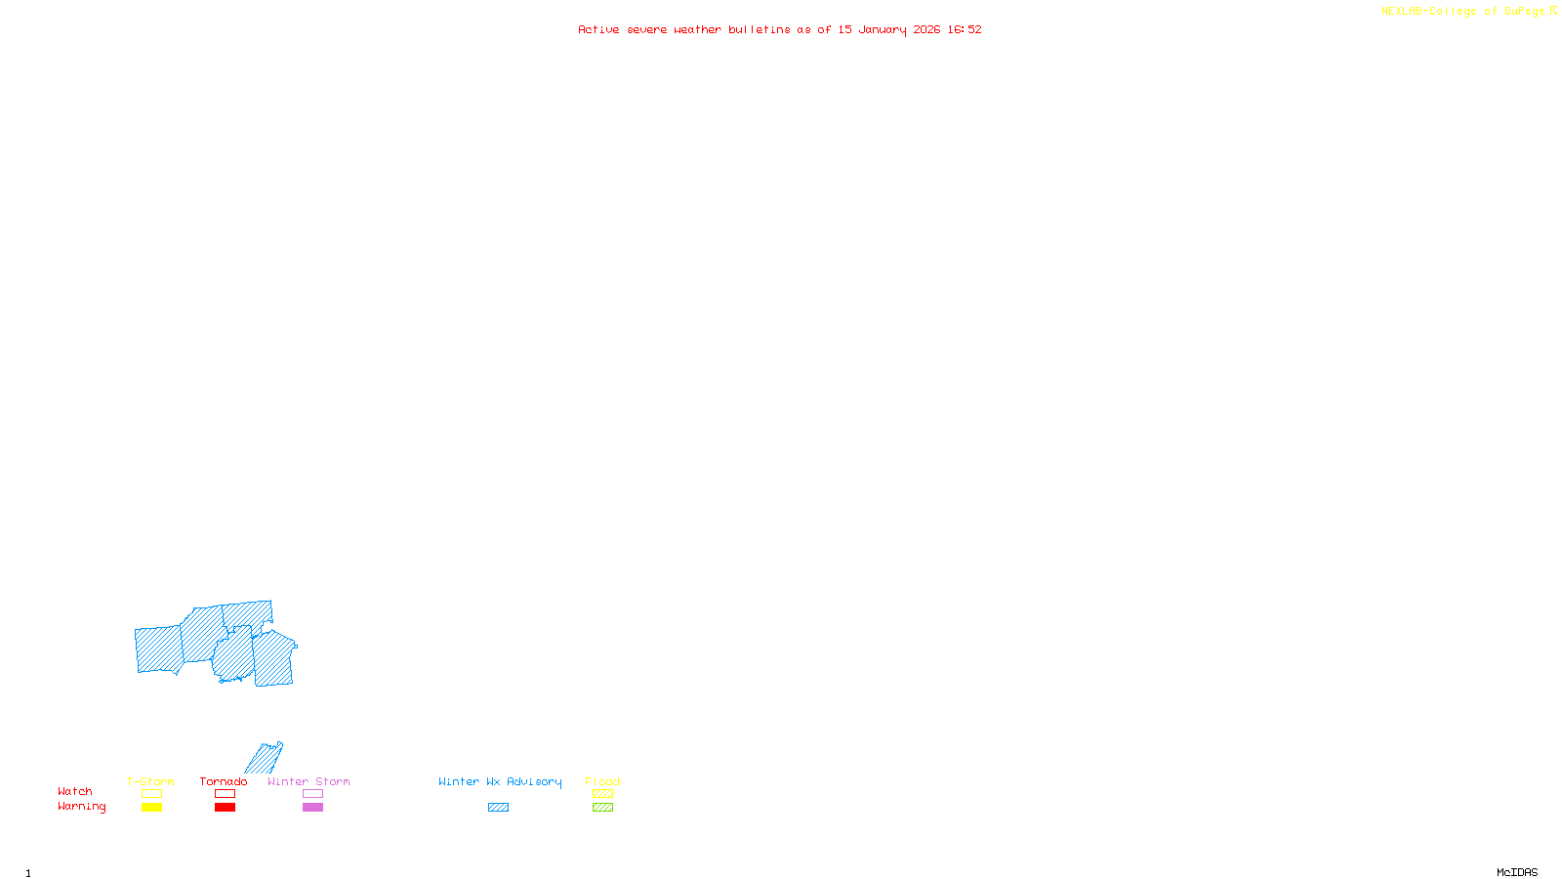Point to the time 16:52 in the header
(x=965, y=29)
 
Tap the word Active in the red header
(x=598, y=29)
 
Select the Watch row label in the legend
(x=75, y=791)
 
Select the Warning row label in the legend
(x=81, y=807)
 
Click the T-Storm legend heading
(x=150, y=781)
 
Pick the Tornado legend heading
(x=224, y=781)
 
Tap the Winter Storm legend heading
(x=308, y=781)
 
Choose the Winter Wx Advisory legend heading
(x=500, y=781)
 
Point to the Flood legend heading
(x=602, y=781)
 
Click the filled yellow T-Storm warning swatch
(x=151, y=808)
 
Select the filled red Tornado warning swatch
(x=226, y=808)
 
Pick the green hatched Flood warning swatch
(x=603, y=808)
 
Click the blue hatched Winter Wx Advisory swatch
(x=498, y=808)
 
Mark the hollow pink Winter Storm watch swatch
(x=312, y=794)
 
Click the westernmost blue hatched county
(x=158, y=649)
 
